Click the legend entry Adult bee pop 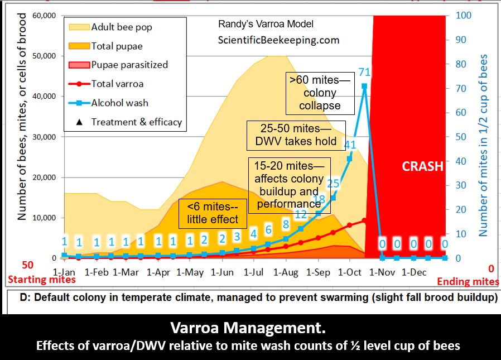[121, 27]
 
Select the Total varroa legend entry [117, 84]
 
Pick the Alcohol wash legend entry [119, 103]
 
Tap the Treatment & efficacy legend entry [136, 122]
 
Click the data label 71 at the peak [364, 71]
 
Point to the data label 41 [350, 145]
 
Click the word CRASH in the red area [423, 166]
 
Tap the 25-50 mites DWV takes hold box [296, 135]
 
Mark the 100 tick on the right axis [465, 15]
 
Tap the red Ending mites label [467, 282]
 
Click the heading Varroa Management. [250, 327]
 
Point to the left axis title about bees [22, 145]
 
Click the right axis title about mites [484, 145]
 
